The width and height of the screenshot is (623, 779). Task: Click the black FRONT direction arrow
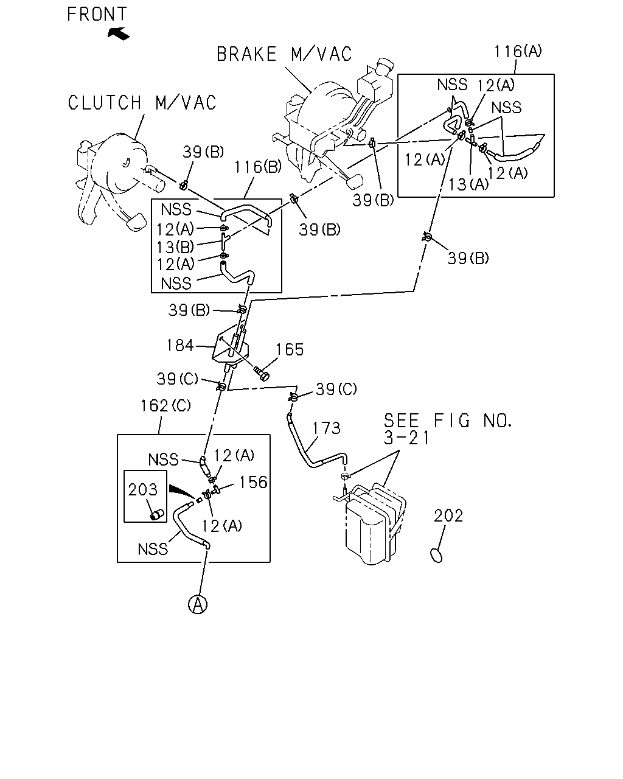tap(119, 34)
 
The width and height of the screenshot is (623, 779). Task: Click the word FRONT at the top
tap(97, 15)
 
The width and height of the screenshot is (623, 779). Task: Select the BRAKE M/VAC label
tap(284, 54)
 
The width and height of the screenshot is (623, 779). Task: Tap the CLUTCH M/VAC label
tap(142, 102)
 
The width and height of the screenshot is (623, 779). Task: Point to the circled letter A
tap(198, 604)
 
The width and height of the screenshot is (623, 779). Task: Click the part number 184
tap(180, 345)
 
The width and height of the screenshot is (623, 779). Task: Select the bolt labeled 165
tap(262, 374)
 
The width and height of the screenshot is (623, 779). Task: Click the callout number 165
tap(290, 350)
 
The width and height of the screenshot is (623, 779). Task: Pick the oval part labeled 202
tap(437, 555)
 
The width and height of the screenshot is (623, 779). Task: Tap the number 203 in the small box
tap(142, 489)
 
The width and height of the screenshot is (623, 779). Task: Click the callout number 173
tap(327, 428)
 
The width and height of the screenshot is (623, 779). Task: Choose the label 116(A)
tap(518, 51)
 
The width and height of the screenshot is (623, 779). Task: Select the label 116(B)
tap(258, 167)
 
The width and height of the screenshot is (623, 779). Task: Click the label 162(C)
tap(165, 405)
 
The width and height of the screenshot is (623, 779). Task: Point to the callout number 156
tap(253, 482)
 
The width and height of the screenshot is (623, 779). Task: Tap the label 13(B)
tap(175, 247)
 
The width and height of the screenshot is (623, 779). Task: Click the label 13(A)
tap(468, 184)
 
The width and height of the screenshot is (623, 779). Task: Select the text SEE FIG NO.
tap(448, 421)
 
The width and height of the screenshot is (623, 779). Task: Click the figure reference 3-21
tap(406, 438)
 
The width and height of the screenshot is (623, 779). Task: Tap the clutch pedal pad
tap(136, 222)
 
